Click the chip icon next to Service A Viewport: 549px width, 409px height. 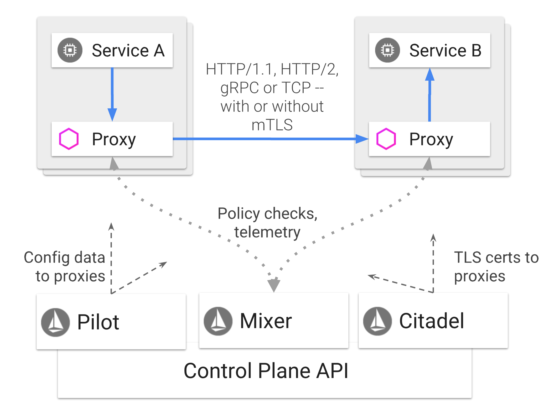pos(70,50)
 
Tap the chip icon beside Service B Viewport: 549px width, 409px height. pos(387,50)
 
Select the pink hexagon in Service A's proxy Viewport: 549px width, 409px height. pos(69,139)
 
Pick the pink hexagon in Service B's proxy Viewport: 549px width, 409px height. pos(386,139)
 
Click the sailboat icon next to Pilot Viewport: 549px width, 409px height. pos(55,322)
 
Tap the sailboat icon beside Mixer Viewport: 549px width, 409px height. pos(218,321)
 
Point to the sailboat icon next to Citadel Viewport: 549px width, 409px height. pos(377,321)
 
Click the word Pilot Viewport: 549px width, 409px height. pos(98,322)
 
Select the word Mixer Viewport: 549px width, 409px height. pos(266,321)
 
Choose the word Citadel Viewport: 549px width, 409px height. pos(432,321)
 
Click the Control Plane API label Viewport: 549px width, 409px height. pos(266,371)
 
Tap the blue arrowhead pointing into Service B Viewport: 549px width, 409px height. pos(430,75)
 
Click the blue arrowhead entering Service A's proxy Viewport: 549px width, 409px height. pos(112,114)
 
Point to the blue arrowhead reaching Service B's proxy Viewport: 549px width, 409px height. pos(362,139)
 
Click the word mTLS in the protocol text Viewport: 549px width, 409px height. pos(272,125)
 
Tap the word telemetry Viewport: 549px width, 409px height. pos(267,232)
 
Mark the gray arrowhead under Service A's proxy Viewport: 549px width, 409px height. pos(113,164)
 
